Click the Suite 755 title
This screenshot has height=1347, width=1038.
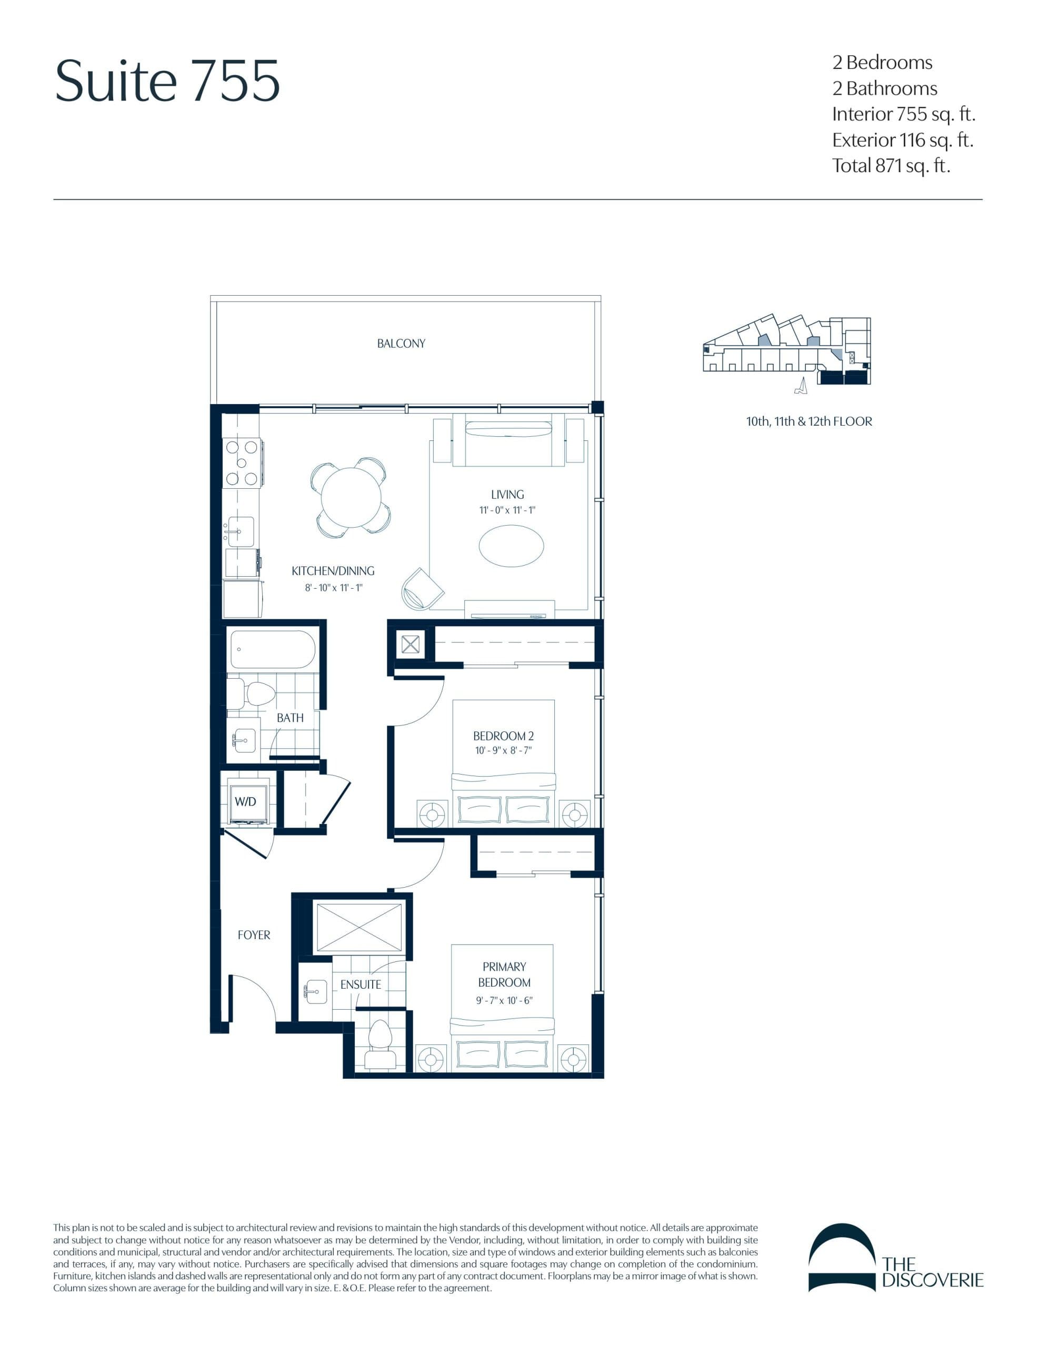167,81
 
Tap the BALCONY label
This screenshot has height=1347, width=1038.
401,344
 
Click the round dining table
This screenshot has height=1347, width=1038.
351,497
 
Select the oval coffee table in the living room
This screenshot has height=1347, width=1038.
511,545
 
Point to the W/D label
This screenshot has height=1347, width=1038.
245,801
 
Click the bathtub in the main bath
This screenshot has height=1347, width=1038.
272,649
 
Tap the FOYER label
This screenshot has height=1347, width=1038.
254,935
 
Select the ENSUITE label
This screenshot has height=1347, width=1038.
361,984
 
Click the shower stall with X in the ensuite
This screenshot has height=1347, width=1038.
358,927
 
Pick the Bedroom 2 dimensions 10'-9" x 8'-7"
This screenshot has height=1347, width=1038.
503,751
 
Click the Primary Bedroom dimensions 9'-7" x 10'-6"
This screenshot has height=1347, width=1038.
504,1000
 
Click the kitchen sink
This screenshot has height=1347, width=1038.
241,531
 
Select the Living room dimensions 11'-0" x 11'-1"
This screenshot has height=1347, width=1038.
507,510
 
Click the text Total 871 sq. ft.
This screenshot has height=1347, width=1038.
891,165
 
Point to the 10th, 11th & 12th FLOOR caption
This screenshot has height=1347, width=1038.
809,422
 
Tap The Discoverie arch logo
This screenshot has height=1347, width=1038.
842,1258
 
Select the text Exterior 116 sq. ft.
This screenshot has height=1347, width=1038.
902,140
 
